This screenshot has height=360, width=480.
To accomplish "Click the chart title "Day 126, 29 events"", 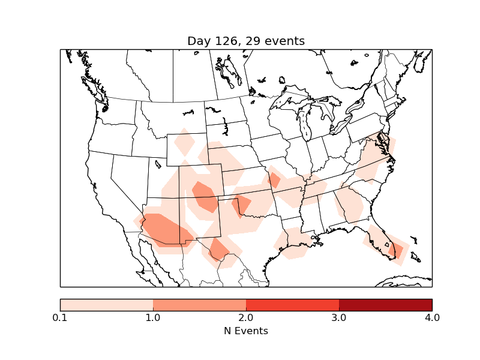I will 246,41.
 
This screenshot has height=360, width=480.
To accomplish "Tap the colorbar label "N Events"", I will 246,331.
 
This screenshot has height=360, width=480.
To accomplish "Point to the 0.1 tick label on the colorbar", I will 60,317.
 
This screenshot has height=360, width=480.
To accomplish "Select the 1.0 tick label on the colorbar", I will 153,317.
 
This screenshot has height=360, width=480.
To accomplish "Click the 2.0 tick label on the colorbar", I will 246,317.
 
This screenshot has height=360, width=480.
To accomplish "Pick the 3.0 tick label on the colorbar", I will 339,317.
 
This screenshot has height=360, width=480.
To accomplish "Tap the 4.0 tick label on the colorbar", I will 432,317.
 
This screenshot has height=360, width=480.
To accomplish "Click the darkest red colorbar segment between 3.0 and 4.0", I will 385,304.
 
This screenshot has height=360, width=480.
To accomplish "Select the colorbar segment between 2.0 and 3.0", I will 292,304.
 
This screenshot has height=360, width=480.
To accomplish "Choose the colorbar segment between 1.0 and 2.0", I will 199,304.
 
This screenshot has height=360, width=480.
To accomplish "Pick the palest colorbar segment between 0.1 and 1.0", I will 106,304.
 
